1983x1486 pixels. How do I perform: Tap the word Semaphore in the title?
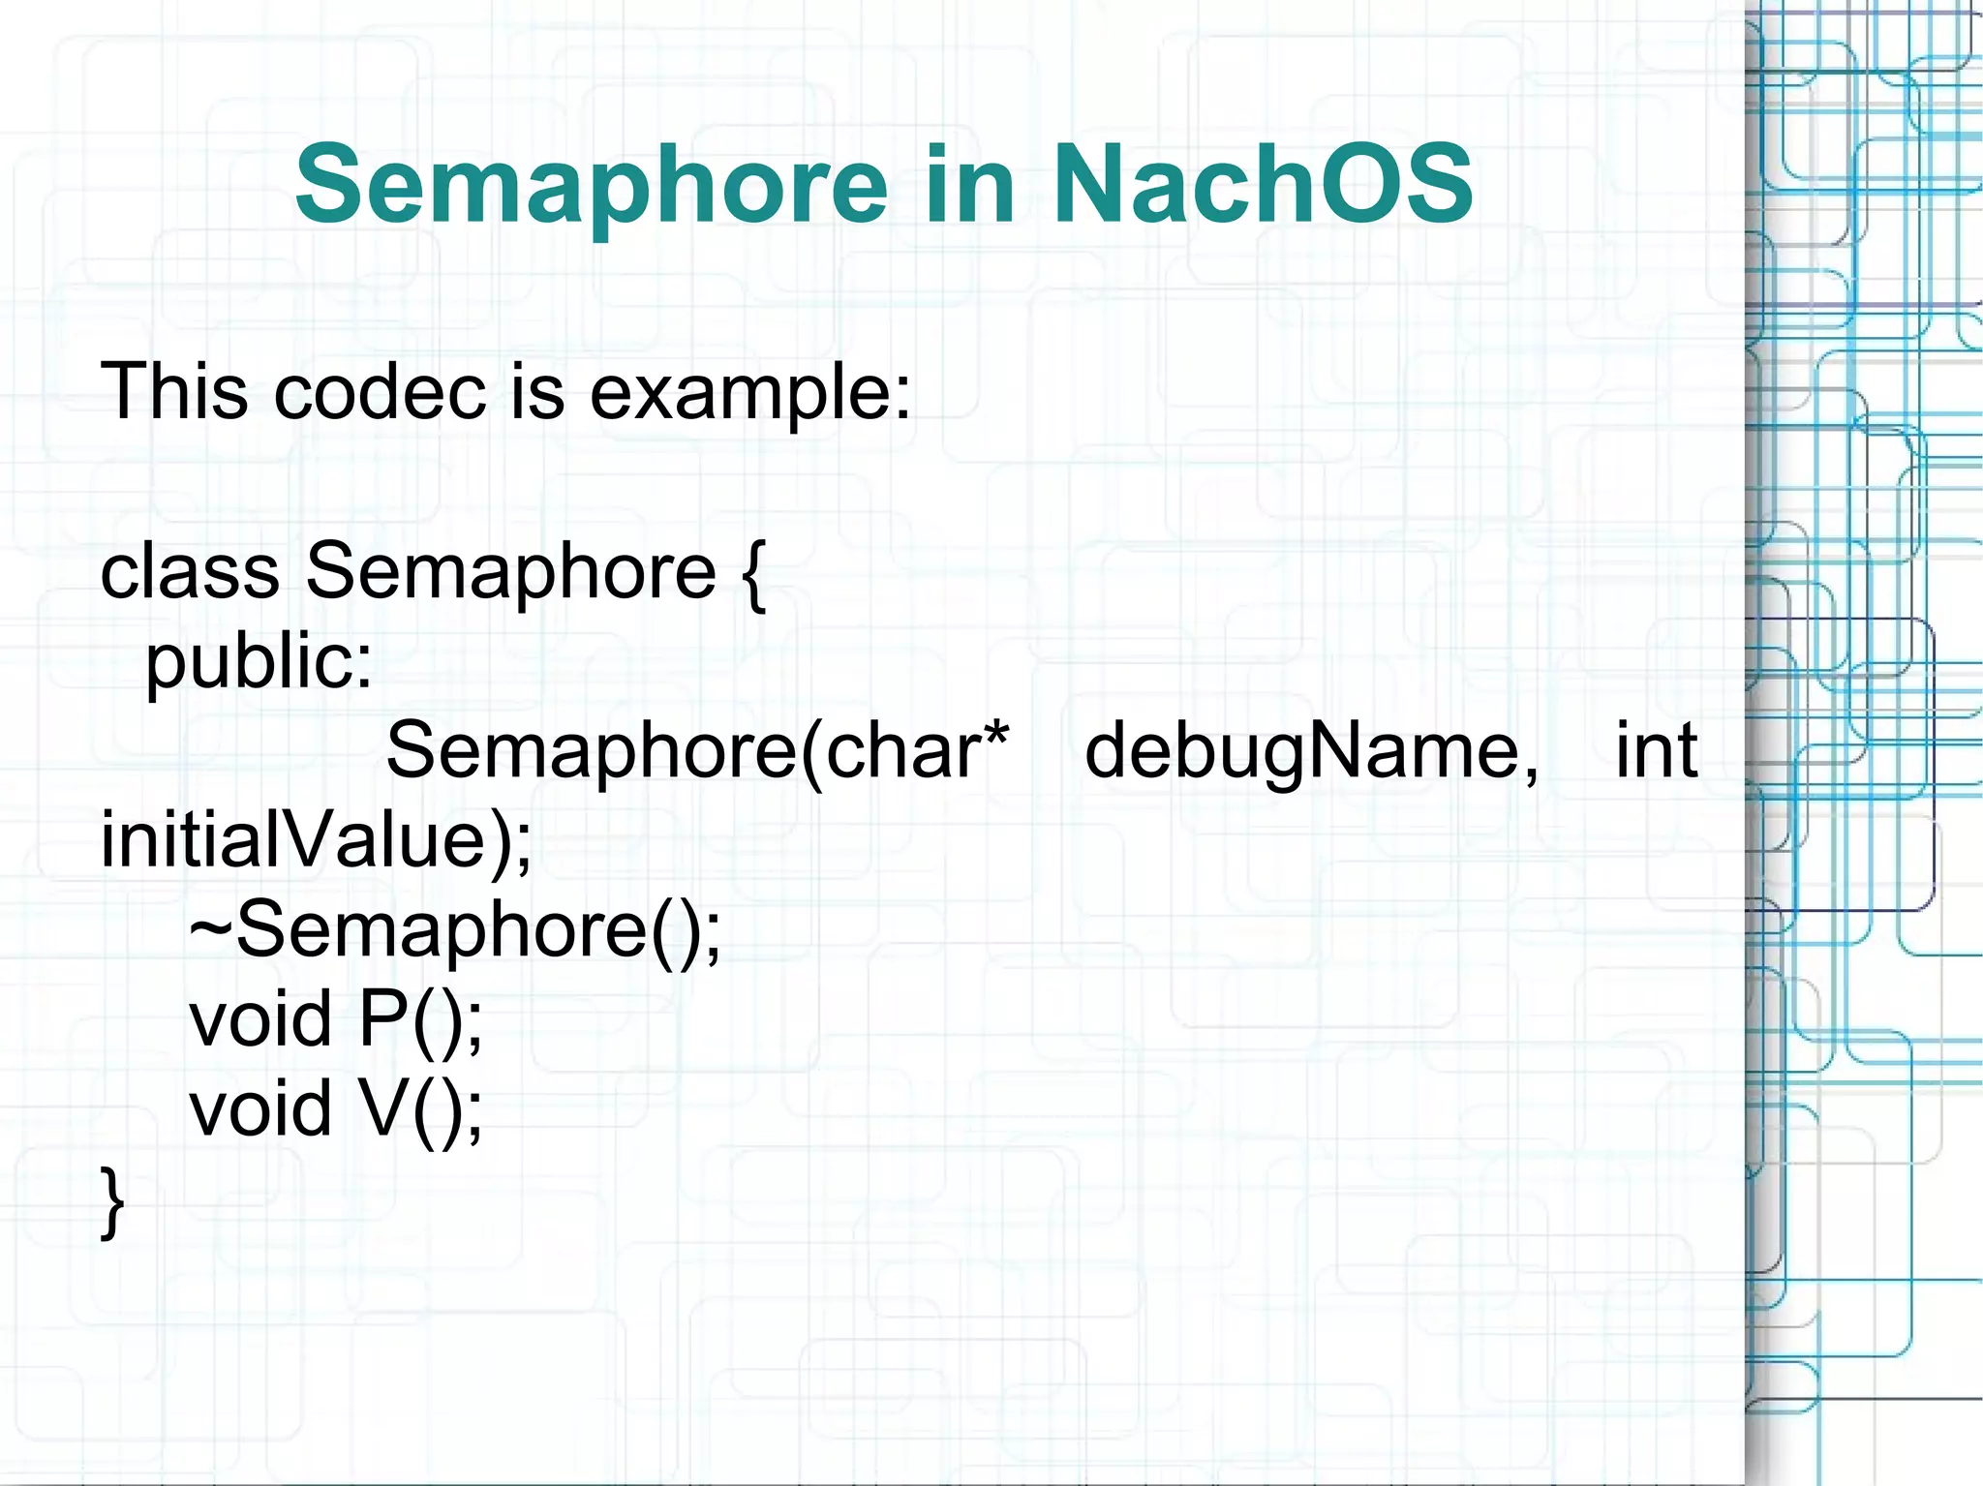(x=591, y=184)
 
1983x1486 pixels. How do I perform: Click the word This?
(x=174, y=391)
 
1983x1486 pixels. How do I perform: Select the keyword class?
(x=190, y=571)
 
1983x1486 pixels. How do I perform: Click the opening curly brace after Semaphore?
(x=754, y=573)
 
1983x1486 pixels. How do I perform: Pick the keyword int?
(x=1656, y=749)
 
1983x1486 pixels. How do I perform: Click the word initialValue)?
(x=316, y=840)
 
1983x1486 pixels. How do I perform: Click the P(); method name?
(x=420, y=1020)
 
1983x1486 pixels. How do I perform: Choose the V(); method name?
(x=420, y=1109)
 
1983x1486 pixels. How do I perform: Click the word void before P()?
(x=260, y=1019)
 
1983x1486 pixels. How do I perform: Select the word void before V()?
(x=260, y=1109)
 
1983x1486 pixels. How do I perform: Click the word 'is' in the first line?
(x=537, y=391)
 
